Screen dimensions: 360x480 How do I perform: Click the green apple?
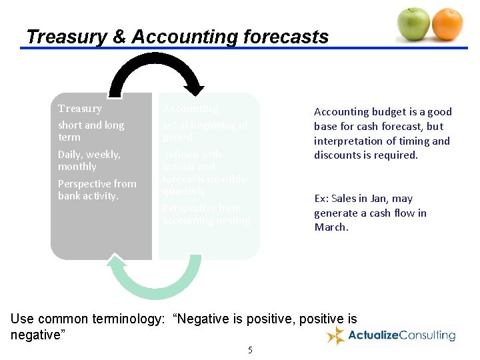(x=414, y=24)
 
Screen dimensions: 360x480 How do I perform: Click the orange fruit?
(x=447, y=24)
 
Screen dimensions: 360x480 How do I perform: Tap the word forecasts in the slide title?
(x=285, y=37)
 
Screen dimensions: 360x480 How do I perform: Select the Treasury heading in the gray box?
(x=80, y=109)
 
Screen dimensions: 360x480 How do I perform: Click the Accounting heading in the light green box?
(x=191, y=109)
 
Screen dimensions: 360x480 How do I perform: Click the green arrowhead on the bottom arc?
(x=116, y=261)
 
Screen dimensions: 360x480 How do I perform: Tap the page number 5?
(x=250, y=350)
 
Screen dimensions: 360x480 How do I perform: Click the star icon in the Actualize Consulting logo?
(x=335, y=335)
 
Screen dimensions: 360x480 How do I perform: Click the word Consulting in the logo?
(x=427, y=335)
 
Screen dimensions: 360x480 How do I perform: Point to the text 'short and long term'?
(x=91, y=131)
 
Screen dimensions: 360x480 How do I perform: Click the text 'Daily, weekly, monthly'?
(x=89, y=161)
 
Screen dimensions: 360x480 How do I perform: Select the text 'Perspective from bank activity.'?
(x=97, y=190)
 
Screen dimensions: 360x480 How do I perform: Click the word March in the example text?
(x=331, y=227)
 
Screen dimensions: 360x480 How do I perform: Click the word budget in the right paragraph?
(x=389, y=112)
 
